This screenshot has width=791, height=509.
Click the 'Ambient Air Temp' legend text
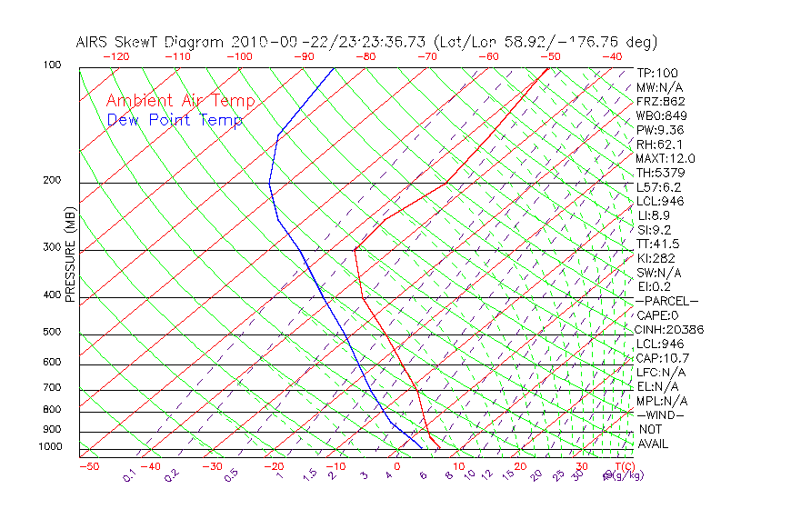click(x=180, y=102)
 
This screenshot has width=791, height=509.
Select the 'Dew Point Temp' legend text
click(x=175, y=121)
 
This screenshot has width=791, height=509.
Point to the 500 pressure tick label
click(x=52, y=332)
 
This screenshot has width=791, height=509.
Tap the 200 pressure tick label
click(x=52, y=181)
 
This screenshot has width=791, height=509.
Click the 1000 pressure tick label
click(x=49, y=447)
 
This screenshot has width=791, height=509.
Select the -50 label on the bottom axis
click(x=88, y=467)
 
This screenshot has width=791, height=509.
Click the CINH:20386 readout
click(x=670, y=330)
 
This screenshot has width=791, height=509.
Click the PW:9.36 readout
click(x=660, y=130)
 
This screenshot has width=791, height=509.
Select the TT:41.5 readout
click(x=658, y=245)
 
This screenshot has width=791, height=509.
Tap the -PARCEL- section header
click(x=666, y=301)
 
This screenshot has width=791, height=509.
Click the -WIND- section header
click(x=660, y=415)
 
